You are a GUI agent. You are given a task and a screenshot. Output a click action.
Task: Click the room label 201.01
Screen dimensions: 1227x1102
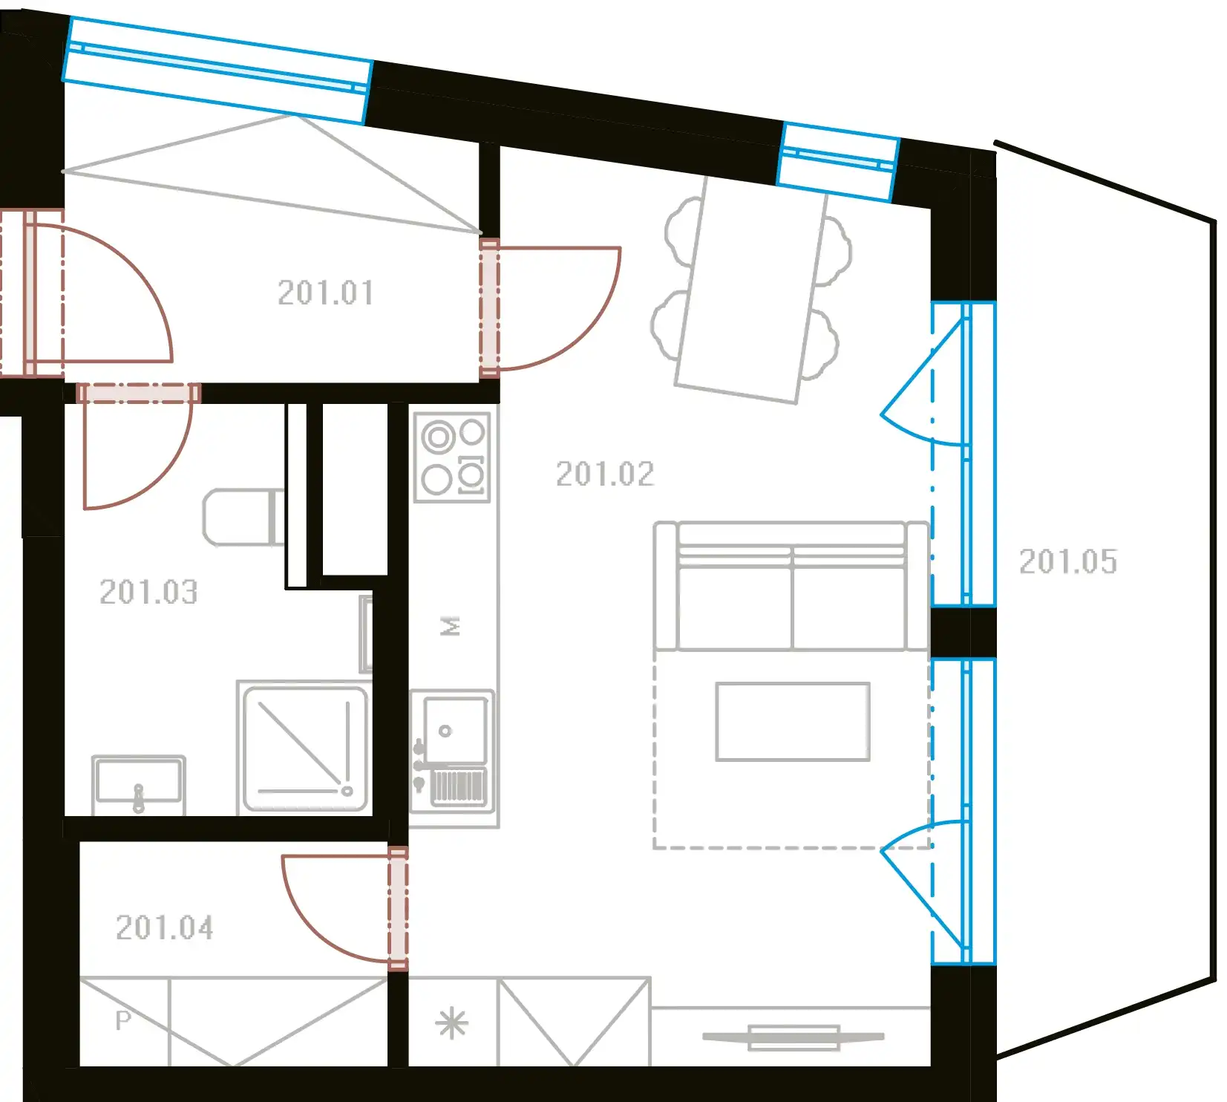click(x=326, y=293)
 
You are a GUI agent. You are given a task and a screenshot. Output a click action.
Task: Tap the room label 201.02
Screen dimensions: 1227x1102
click(x=605, y=474)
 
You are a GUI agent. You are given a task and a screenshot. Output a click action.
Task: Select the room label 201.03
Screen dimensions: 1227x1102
click(x=148, y=592)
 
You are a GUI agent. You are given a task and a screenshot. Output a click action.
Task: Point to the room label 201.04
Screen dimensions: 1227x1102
click(x=165, y=927)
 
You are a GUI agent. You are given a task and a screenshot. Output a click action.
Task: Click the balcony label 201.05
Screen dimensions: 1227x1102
click(x=1067, y=561)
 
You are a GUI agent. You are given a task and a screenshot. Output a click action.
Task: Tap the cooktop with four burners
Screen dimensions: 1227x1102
click(x=453, y=457)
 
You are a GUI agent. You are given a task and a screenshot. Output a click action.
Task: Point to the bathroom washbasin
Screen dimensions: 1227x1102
click(x=139, y=785)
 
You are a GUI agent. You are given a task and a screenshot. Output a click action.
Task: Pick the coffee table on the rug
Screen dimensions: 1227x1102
click(x=793, y=722)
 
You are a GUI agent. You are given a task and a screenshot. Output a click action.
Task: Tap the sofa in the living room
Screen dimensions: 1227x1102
click(x=791, y=586)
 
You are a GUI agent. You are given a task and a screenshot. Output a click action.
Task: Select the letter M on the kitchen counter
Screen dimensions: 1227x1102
click(x=451, y=626)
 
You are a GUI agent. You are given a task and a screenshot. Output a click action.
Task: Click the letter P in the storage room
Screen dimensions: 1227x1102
click(x=123, y=1020)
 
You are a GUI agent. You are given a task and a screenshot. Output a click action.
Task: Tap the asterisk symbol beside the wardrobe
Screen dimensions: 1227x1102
click(x=452, y=1025)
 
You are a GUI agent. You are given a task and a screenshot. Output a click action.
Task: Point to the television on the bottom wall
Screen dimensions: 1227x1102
click(x=794, y=1037)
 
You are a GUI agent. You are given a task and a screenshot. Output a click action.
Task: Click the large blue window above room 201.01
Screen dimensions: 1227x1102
click(x=217, y=70)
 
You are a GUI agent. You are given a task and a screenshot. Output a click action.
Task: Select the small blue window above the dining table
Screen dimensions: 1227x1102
click(x=838, y=162)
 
